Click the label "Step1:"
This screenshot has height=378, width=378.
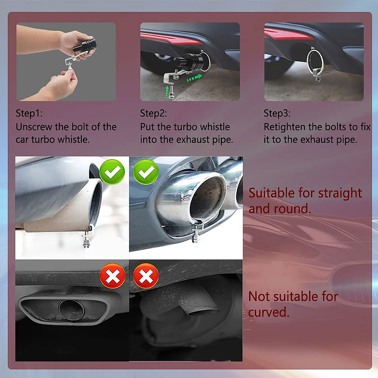click(29, 113)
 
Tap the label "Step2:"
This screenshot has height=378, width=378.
click(153, 113)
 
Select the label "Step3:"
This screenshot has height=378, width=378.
click(277, 113)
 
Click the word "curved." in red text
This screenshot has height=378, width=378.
click(269, 312)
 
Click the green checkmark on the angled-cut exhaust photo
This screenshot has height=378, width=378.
click(112, 172)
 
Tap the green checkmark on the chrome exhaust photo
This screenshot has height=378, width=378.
click(146, 172)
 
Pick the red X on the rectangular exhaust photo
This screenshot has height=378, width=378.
click(112, 276)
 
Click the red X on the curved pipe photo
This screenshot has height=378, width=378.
click(146, 276)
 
